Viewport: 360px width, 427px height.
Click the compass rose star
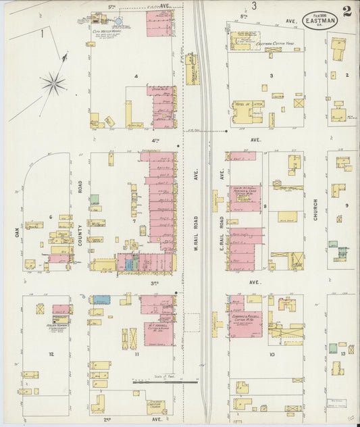coord(53,84)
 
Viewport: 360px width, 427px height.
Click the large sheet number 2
coord(346,11)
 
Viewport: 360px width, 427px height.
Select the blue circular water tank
coord(118,22)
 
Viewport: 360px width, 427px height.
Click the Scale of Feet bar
coord(158,382)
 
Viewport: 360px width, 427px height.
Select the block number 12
coord(51,353)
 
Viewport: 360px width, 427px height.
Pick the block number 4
coord(136,76)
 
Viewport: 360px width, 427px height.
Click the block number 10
coord(272,353)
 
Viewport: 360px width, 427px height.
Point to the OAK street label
coord(18,232)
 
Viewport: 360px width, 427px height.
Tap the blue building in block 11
coord(102,299)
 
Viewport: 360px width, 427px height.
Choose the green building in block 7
coord(95,200)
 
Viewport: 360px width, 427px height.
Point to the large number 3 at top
coord(254,6)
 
